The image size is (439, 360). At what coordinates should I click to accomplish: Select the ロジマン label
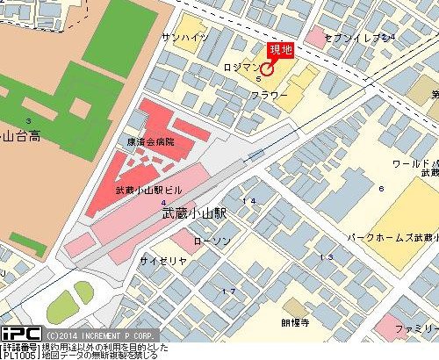pos(241,66)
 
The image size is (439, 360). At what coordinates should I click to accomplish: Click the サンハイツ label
pos(184,38)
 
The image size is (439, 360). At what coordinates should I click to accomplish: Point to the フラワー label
pos(270,94)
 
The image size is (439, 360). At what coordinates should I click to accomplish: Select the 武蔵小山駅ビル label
pos(149,190)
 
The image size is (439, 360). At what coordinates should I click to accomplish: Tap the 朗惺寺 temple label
pos(295,322)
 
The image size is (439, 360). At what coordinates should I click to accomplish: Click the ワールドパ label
pos(414,164)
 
